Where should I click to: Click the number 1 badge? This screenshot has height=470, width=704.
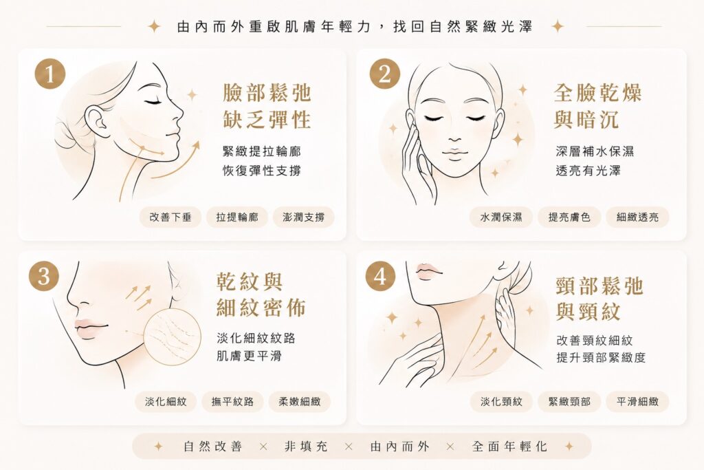50,74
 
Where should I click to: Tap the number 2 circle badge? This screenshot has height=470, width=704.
385,74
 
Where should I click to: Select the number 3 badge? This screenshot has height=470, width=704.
44,275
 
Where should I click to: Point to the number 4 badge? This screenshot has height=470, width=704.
380,275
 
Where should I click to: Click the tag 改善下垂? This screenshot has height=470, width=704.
170,217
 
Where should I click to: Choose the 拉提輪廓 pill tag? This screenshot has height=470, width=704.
237,217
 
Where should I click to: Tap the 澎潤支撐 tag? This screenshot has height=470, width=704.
303,217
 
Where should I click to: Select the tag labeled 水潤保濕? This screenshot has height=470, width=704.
501,217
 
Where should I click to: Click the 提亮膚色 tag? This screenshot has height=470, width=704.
569,217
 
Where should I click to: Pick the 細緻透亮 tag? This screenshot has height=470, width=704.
637,217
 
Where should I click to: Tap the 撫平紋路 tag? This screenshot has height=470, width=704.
232,401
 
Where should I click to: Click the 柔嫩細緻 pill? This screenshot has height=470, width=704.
300,401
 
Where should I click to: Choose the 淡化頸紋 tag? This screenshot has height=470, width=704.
501,401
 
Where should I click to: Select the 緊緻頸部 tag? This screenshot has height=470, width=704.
569,401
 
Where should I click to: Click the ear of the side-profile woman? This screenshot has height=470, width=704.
96,121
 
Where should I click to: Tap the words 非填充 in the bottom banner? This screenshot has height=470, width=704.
306,446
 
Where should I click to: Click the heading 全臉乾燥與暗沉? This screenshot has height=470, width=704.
597,107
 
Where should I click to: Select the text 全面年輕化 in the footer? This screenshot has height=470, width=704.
509,446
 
